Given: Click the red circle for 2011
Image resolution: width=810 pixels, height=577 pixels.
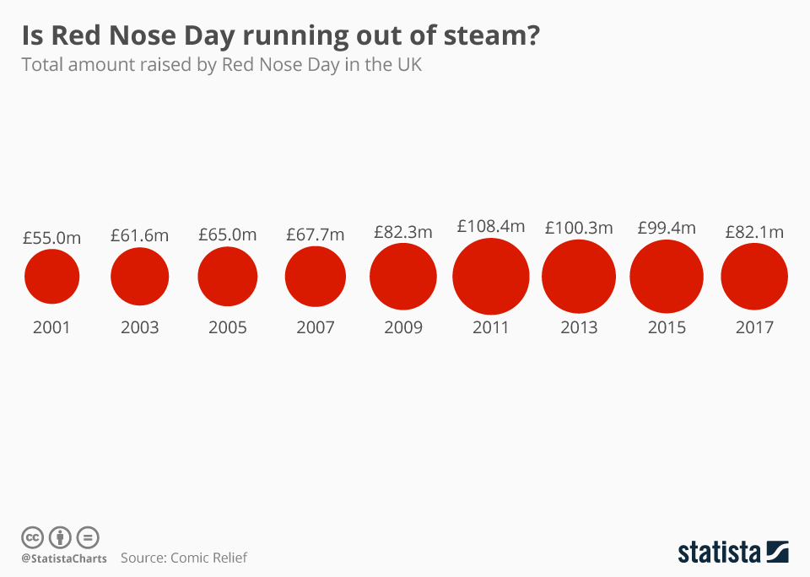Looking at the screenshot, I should (x=491, y=276).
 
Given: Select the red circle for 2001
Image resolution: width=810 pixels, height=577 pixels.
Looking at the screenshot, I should (x=51, y=276).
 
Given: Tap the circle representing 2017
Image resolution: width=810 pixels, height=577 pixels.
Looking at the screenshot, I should (x=754, y=276).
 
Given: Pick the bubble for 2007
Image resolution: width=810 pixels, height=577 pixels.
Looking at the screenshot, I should (x=316, y=276).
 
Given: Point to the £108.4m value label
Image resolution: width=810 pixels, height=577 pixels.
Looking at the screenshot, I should (x=491, y=226).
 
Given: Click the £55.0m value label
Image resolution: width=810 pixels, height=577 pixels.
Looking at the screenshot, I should (x=51, y=238).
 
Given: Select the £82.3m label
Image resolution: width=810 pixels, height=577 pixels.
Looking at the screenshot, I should (x=403, y=231).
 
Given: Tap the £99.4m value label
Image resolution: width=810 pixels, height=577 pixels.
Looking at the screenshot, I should (x=667, y=228).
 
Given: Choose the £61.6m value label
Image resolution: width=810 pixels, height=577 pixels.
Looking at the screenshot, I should (x=139, y=236).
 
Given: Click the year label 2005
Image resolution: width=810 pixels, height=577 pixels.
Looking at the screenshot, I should (x=227, y=327).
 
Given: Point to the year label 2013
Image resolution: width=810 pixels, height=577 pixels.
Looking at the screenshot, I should (x=579, y=327).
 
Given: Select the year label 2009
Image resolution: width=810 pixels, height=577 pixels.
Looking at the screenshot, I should (x=403, y=327).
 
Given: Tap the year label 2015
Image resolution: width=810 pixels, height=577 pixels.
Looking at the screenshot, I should (x=667, y=327).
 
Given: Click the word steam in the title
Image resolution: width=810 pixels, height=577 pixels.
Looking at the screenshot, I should (x=484, y=36).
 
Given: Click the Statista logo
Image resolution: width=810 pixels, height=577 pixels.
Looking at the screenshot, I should (x=732, y=553).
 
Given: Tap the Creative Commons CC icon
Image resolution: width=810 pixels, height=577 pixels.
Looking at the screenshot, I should (x=32, y=537).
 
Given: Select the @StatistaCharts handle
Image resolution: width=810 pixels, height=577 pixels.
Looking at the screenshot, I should (x=64, y=558).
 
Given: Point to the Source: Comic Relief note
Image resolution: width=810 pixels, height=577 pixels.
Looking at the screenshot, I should (x=184, y=558).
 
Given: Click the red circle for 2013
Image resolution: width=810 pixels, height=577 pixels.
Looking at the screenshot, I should (x=579, y=276).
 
